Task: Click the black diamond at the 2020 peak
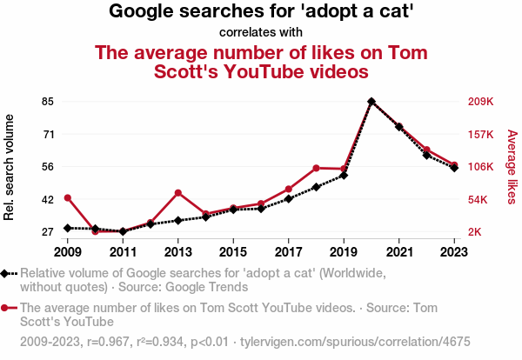pyautogui.click(x=371, y=102)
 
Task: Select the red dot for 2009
pyautogui.click(x=68, y=198)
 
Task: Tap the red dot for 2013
pyautogui.click(x=178, y=193)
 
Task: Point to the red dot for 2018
pyautogui.click(x=317, y=168)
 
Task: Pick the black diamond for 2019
pyautogui.click(x=344, y=176)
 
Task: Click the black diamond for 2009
pyautogui.click(x=68, y=228)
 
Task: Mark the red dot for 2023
pyautogui.click(x=454, y=165)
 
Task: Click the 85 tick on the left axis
pyautogui.click(x=47, y=102)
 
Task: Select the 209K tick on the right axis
pyautogui.click(x=481, y=102)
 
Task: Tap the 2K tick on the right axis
pyautogui.click(x=476, y=232)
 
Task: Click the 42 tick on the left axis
pyautogui.click(x=47, y=199)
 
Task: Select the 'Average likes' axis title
pyautogui.click(x=512, y=167)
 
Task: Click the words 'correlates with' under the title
pyautogui.click(x=260, y=33)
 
